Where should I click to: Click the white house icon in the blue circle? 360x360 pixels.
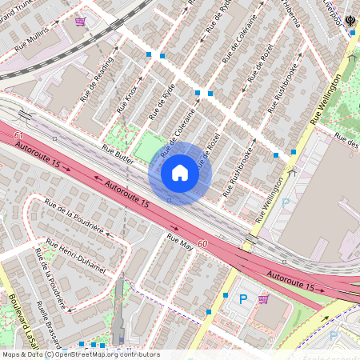click(x=180, y=172)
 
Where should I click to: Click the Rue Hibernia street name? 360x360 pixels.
click(x=286, y=12)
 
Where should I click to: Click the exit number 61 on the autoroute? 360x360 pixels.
click(x=18, y=137)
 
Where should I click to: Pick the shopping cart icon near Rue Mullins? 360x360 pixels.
click(x=80, y=22)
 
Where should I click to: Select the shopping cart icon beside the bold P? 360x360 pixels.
click(x=263, y=298)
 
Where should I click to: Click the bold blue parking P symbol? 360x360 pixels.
click(x=244, y=299)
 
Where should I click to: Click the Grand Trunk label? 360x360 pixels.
click(x=18, y=12)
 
